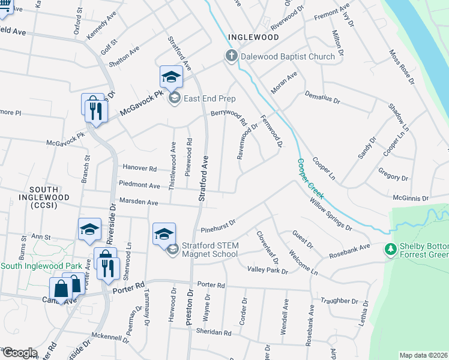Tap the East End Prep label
click(209, 98)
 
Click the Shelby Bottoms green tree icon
click(390, 248)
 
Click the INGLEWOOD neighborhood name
click(253, 37)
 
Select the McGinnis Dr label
click(411, 197)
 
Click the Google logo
click(19, 353)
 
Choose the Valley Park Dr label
click(268, 271)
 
